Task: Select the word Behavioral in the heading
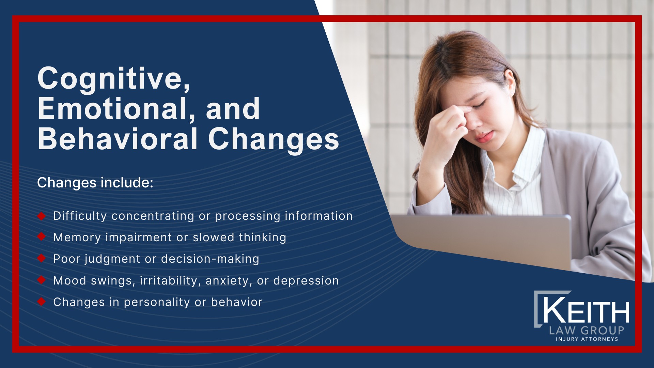coord(118,139)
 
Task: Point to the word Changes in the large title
coord(274,139)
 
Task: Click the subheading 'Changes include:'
coord(95,183)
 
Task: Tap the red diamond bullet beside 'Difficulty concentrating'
coord(42,216)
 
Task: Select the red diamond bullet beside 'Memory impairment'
coord(42,237)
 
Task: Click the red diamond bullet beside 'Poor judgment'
coord(42,258)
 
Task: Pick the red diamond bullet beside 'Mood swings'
coord(42,280)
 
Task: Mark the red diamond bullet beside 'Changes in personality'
coord(42,302)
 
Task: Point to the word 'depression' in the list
coord(306,281)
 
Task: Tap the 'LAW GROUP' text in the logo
coord(587,330)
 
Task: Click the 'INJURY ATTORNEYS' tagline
coord(587,339)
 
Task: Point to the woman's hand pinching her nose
coord(450,126)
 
